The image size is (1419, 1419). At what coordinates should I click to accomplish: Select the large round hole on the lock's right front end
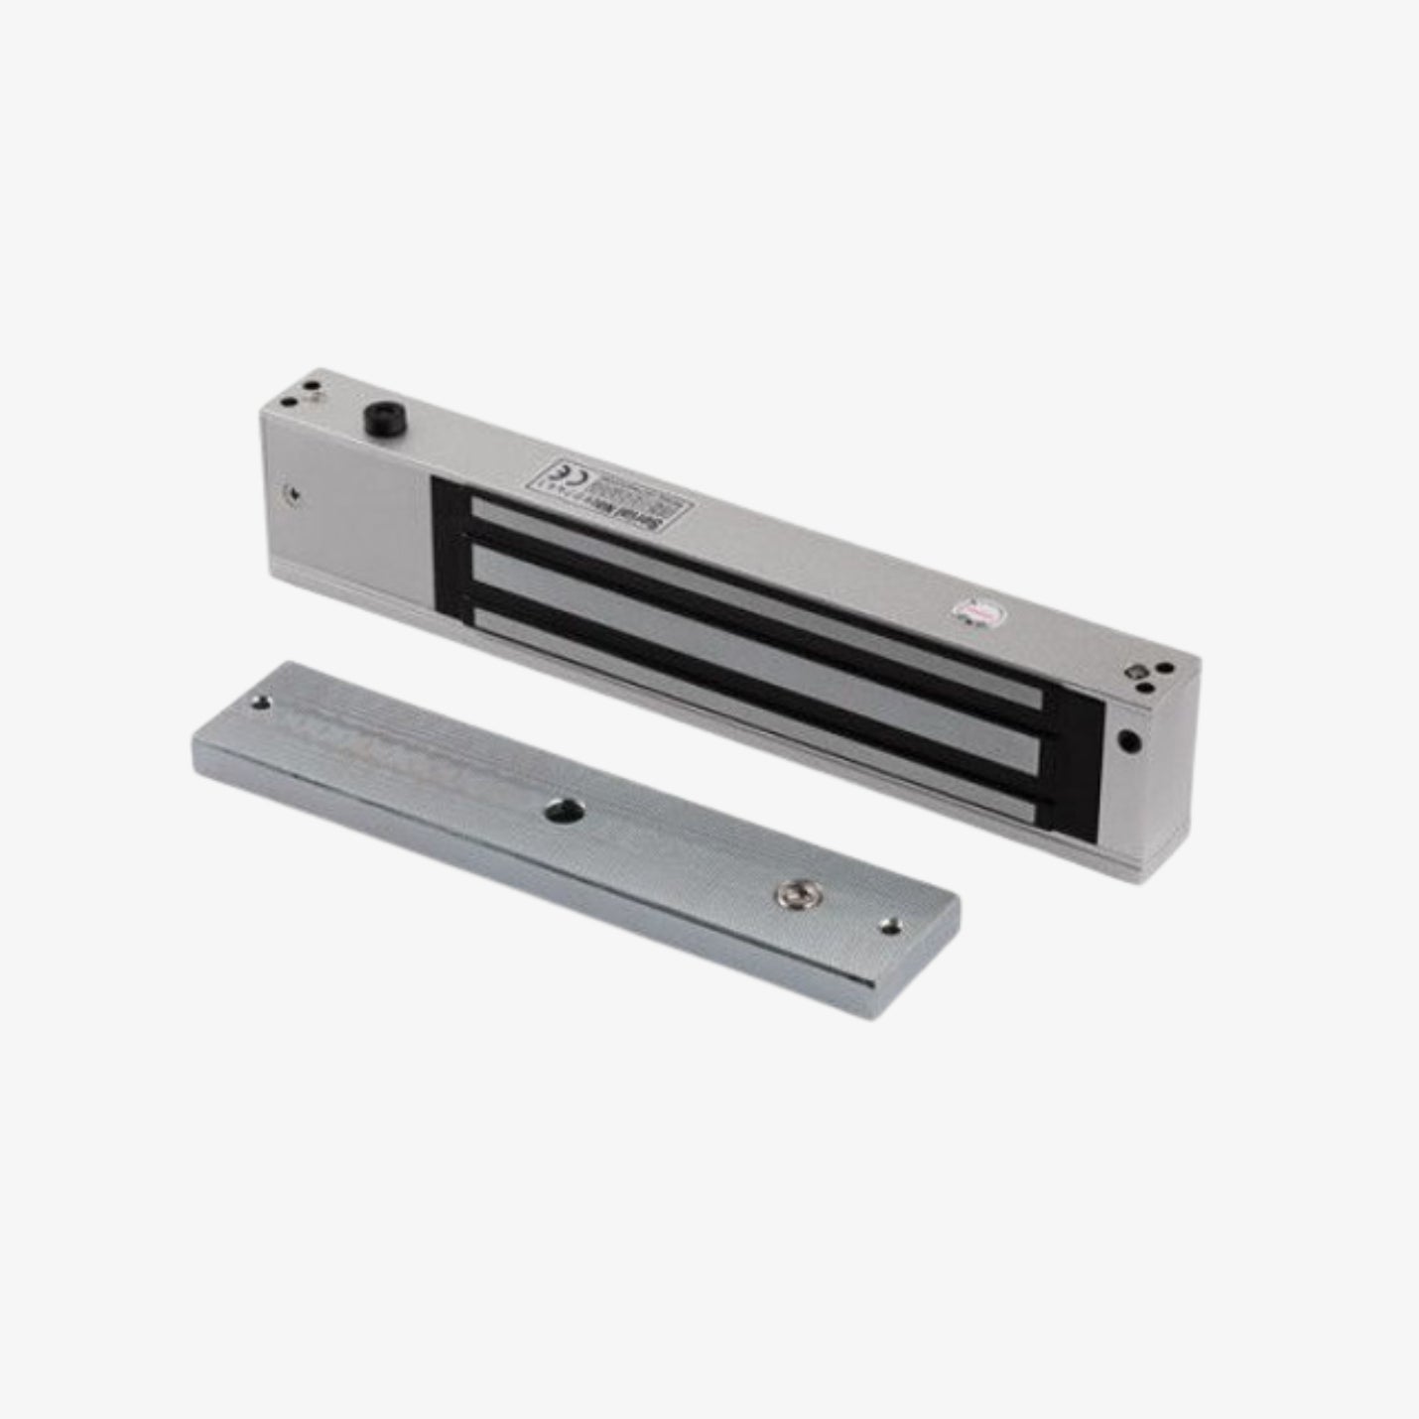pyautogui.click(x=1128, y=739)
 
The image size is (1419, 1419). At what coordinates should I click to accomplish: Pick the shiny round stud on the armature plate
pyautogui.click(x=792, y=894)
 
